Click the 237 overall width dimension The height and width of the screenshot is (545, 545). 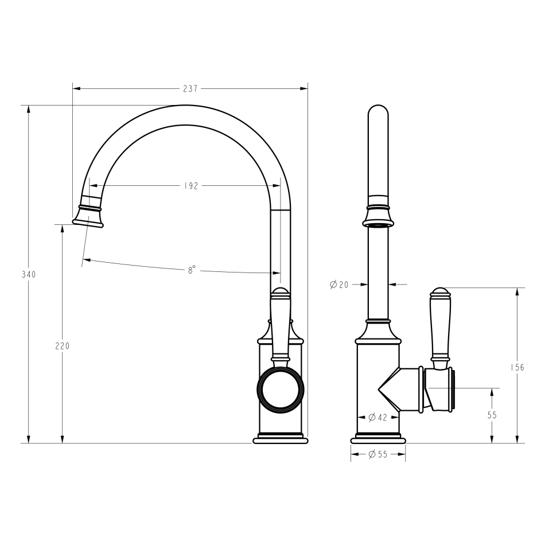[190, 89]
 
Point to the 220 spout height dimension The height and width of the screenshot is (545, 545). [62, 346]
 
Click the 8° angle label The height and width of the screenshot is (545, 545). [192, 270]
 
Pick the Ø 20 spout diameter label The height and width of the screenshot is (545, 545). [340, 284]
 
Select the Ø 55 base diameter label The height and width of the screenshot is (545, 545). [377, 454]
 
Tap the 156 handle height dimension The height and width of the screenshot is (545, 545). [517, 367]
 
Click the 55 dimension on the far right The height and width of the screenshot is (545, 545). [492, 415]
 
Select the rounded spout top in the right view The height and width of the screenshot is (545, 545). [377, 115]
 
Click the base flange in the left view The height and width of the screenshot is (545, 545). [281, 439]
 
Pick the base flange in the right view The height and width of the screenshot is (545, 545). [377, 439]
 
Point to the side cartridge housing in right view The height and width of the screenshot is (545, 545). [440, 390]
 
